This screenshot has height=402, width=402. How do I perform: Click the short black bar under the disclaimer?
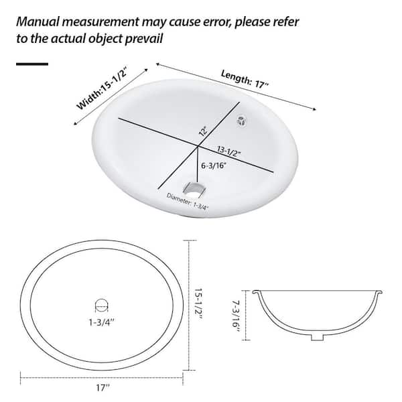[31, 64]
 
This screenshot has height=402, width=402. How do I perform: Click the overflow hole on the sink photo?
[242, 121]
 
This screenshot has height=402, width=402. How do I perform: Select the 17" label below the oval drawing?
[102, 386]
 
